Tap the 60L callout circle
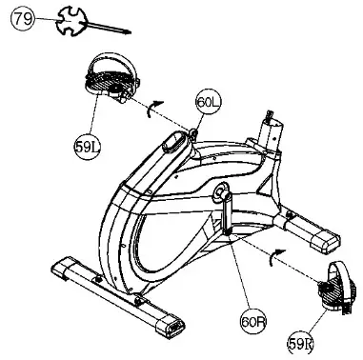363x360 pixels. pos(208,102)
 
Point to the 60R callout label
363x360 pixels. pos(252,323)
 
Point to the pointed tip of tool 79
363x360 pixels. pos(129,33)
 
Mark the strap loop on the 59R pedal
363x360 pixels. pos(339,276)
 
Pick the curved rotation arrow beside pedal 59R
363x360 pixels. pos(274,252)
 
